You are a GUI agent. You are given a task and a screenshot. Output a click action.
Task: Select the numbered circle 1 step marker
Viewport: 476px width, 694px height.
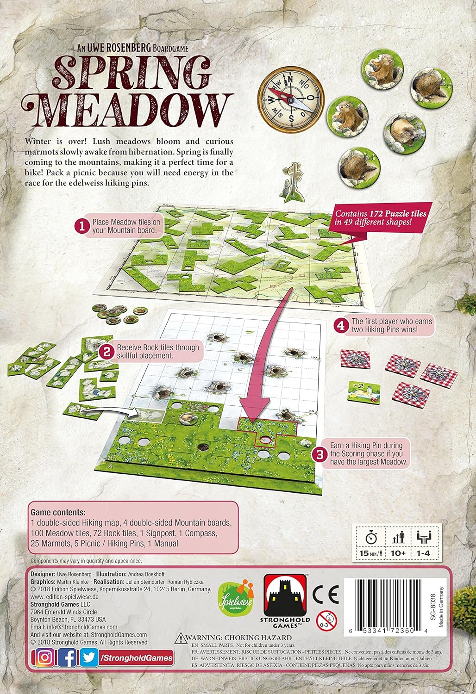coord(81,226)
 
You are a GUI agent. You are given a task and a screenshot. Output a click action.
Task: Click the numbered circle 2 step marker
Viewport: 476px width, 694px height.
coord(106,352)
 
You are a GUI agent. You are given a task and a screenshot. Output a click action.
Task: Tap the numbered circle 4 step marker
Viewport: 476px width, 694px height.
coord(341,326)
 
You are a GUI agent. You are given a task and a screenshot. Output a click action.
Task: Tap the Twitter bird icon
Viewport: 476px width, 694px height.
coord(89,658)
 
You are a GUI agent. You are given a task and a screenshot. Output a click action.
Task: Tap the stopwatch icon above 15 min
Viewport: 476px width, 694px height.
coord(370,538)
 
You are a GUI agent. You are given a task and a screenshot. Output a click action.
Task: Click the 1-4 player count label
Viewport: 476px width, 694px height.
coord(423,553)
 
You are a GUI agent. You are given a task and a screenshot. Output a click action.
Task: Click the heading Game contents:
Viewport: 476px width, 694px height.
coord(58,513)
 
